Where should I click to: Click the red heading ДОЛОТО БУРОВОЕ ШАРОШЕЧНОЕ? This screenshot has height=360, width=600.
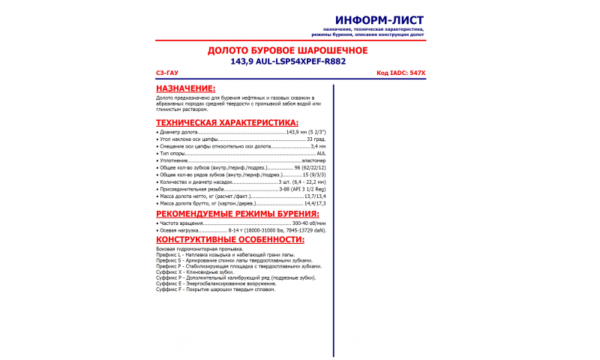tap(287, 50)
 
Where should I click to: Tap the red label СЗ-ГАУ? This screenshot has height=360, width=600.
tap(166, 73)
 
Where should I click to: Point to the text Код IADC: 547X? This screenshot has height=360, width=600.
tap(400, 73)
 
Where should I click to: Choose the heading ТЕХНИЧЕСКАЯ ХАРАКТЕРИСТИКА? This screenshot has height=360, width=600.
tap(226, 122)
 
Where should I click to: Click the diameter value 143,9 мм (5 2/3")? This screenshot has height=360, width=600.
tap(306, 132)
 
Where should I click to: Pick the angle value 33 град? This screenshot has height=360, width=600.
tap(316, 139)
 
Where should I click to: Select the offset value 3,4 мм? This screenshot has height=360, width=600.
tap(318, 146)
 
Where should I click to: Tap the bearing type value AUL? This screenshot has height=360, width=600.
tap(321, 153)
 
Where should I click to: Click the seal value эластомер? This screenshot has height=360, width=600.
tap(313, 160)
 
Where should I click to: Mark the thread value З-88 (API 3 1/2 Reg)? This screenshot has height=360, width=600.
tap(302, 189)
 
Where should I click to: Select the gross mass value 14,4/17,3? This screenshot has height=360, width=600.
tap(313, 203)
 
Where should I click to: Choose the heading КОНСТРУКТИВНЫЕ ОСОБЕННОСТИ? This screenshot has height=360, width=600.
tap(230, 240)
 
